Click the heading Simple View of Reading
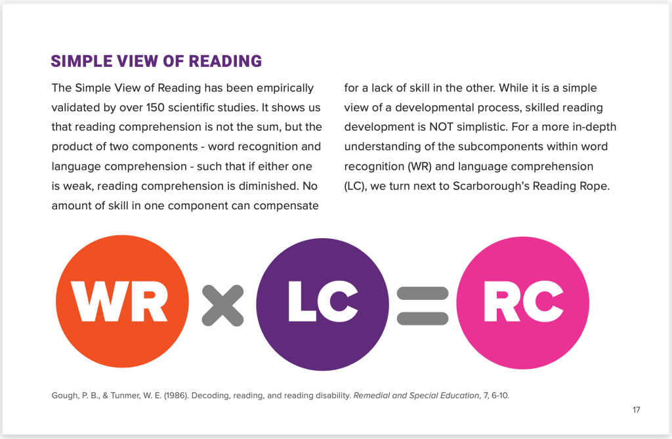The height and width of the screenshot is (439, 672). [156, 62]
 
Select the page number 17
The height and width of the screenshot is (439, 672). [636, 410]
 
